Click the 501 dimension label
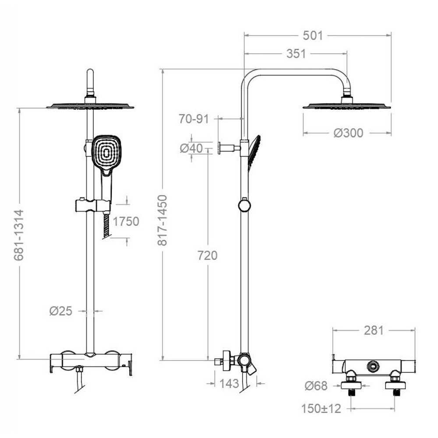pyautogui.click(x=313, y=36)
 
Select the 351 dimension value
pyautogui.click(x=296, y=53)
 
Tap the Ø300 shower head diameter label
pyautogui.click(x=348, y=133)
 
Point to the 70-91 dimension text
pyautogui.click(x=194, y=119)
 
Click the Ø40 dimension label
pyautogui.click(x=191, y=148)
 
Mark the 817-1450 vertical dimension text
pyautogui.click(x=162, y=220)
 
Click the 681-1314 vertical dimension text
pyautogui.click(x=19, y=235)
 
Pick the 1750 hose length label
pyautogui.click(x=126, y=222)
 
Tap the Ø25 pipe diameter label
pyautogui.click(x=61, y=311)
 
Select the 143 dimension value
pyautogui.click(x=229, y=384)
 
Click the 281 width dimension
pyautogui.click(x=374, y=330)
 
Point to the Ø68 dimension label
pyautogui.click(x=316, y=386)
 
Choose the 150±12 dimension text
pyautogui.click(x=321, y=409)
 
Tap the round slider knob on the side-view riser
pyautogui.click(x=244, y=205)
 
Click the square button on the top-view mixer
pyautogui.click(x=373, y=365)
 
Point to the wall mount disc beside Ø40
pyautogui.click(x=219, y=148)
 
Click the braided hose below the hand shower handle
pyautogui.click(x=106, y=226)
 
